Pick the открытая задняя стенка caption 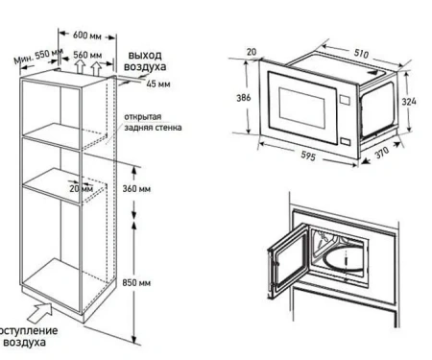(x=152, y=123)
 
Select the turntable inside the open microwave (x=344, y=259)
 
